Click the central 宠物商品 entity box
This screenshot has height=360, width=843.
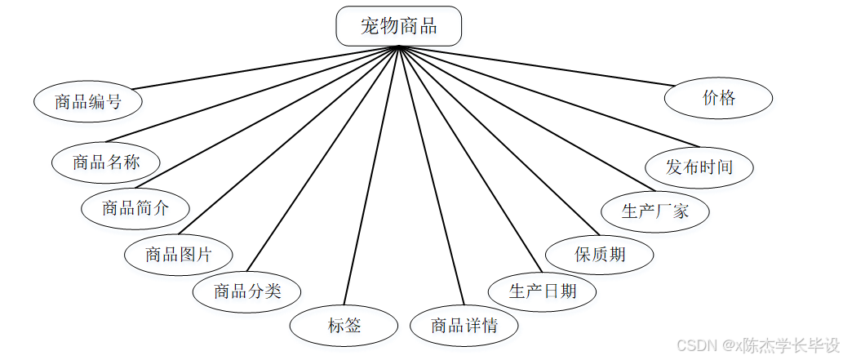[x=399, y=26]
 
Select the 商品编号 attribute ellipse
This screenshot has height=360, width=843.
[x=88, y=102]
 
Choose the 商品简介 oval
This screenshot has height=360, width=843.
[x=135, y=207]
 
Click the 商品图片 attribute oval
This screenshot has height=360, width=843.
[x=179, y=255]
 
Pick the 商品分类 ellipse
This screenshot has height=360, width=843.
[x=247, y=291]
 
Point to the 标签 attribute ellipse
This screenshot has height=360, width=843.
[x=344, y=327]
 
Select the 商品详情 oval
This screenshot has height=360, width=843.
[x=464, y=327]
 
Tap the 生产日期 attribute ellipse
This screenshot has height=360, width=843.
[x=543, y=291]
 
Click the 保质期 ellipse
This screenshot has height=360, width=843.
[x=600, y=255]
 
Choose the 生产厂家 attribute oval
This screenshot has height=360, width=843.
[x=655, y=211]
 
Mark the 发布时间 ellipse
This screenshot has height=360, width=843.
[x=699, y=167]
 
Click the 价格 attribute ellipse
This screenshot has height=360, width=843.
[x=719, y=99]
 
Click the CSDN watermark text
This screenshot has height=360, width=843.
[x=758, y=345]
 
